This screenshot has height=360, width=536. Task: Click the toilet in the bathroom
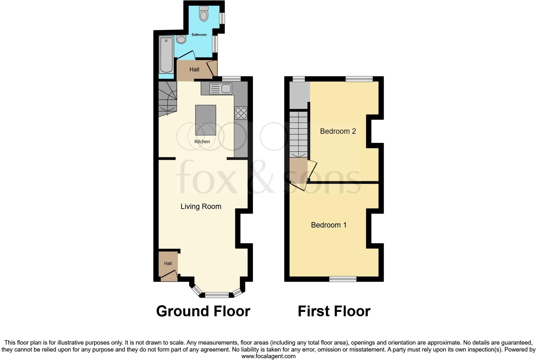(204, 14)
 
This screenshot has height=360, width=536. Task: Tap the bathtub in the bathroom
(166, 55)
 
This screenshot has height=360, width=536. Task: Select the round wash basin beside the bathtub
(181, 39)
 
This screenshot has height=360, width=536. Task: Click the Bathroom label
(199, 35)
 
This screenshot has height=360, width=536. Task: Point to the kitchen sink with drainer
(221, 88)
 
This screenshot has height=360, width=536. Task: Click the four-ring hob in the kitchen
(241, 113)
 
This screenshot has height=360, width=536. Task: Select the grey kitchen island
(206, 120)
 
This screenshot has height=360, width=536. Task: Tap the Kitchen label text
(202, 142)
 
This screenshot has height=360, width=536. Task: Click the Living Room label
(201, 206)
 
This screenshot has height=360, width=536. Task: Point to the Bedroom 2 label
(338, 131)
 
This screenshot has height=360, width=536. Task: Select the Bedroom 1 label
(329, 225)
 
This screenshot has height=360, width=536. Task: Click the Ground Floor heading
(203, 311)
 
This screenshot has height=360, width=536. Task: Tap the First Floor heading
(334, 311)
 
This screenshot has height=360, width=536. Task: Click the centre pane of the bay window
(217, 295)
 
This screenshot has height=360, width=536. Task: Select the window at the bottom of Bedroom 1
(343, 279)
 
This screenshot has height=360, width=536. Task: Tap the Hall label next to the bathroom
(194, 70)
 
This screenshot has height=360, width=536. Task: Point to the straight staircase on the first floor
(298, 134)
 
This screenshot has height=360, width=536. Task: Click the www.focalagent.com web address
(268, 356)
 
